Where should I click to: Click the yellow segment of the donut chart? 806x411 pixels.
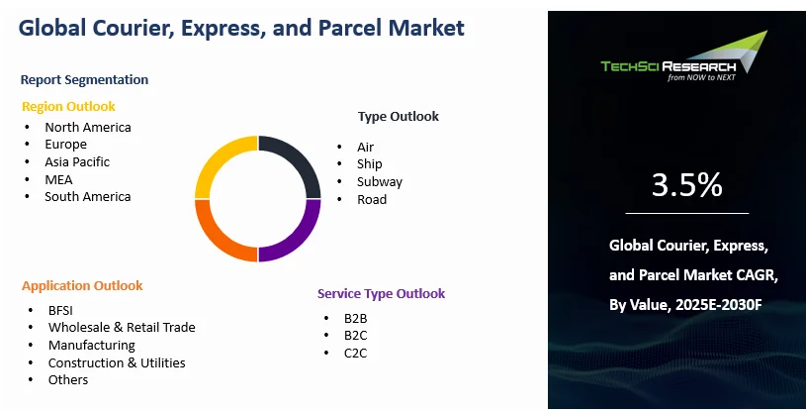pos(218,163)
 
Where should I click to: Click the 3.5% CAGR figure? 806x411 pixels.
pos(686,185)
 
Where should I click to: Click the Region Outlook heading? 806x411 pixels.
pos(68,106)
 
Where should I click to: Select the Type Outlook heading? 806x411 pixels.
pos(399,116)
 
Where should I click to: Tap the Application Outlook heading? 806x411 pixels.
pos(82,285)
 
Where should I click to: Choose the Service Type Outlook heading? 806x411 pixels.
pos(381,293)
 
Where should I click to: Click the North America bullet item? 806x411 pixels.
pos(87,127)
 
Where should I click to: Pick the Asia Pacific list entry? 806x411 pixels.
pos(77,161)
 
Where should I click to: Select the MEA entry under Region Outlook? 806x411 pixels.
pos(58,179)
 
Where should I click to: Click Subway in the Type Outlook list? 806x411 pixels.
pos(380,181)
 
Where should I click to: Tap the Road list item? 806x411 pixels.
pos(372,199)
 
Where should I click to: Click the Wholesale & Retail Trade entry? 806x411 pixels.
pos(122,327)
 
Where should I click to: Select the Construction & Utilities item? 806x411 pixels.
pos(117,362)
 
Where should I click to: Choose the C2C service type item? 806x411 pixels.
pos(356,353)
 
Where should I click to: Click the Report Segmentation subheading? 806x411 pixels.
pos(84,79)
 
